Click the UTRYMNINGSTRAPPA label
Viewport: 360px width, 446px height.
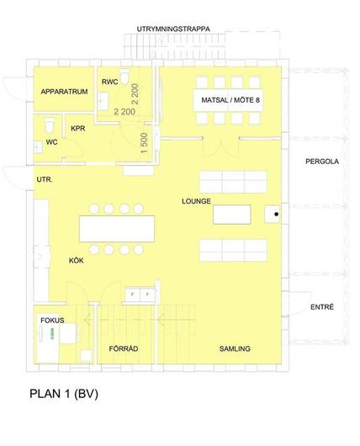173,29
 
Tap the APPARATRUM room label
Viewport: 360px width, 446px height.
64,92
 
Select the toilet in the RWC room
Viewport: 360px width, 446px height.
124,77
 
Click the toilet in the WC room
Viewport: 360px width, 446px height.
49,126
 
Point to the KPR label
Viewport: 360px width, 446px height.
78,128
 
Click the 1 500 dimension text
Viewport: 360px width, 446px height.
144,143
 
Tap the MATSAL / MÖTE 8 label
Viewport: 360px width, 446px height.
230,100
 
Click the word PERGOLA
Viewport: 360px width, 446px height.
322,162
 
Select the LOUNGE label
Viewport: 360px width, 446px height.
196,201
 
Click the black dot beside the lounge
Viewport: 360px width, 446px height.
277,215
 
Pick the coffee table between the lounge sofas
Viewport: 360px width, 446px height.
232,215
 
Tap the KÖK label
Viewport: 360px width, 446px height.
77,260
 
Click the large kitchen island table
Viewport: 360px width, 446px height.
117,229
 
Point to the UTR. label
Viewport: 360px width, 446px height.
45,179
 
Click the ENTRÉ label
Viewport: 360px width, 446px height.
322,307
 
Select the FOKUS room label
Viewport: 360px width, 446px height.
52,321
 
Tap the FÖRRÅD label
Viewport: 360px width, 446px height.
124,348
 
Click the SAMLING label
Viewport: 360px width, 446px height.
235,348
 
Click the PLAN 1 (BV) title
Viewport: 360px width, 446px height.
64,394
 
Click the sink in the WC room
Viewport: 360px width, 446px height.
38,147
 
